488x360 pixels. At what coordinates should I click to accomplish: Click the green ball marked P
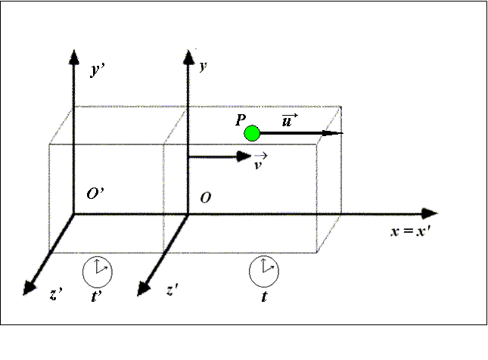click(x=252, y=134)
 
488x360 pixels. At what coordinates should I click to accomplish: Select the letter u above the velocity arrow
click(x=286, y=120)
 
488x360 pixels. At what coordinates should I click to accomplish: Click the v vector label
click(x=260, y=163)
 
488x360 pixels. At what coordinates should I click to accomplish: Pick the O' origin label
click(x=95, y=194)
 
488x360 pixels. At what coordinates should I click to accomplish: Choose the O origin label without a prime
click(x=205, y=197)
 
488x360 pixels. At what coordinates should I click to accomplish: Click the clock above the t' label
click(x=97, y=268)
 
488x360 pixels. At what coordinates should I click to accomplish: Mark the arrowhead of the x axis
click(x=430, y=213)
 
